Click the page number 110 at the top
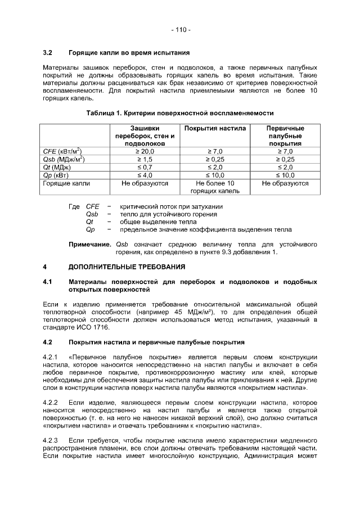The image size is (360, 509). [180, 29]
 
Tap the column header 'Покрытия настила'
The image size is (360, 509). [215, 128]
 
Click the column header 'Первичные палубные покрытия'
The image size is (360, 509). [285, 136]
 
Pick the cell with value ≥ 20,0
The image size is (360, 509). [145, 151]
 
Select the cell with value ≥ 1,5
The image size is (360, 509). [145, 159]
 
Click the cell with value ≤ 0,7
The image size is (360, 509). [145, 167]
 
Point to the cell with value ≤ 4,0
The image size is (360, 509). [145, 175]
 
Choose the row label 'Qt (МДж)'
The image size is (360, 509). [57, 167]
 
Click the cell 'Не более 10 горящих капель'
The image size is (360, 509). [215, 187]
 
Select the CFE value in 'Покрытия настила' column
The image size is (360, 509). [215, 151]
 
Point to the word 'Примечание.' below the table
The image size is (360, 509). [89, 245]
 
